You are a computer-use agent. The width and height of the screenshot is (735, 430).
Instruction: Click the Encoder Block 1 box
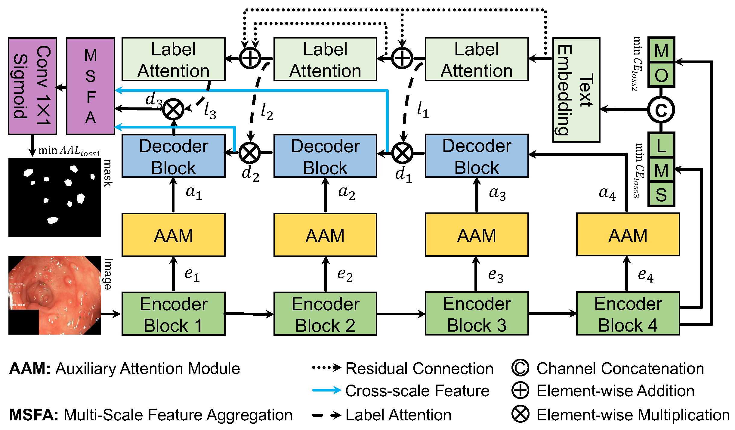coord(173,314)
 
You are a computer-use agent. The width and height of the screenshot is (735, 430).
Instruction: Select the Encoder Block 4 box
coord(628,314)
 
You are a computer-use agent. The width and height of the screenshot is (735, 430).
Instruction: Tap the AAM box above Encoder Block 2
coord(325,235)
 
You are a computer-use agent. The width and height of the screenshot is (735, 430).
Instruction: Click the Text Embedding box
coord(576,90)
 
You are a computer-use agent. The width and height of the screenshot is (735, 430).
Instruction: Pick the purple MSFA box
coord(91,86)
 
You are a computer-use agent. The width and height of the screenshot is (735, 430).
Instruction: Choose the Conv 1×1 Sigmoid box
coord(32,86)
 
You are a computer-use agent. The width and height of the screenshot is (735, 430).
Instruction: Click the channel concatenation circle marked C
coord(661,110)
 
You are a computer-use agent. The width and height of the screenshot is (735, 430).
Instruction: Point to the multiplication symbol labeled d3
coord(173,109)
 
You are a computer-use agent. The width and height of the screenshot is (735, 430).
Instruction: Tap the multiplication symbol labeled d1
coord(402,153)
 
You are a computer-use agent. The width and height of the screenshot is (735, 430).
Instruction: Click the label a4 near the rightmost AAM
coord(607,193)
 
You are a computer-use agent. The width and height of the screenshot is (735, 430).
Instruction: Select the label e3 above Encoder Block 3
coord(495,275)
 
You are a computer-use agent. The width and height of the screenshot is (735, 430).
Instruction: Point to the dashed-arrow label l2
coord(267,112)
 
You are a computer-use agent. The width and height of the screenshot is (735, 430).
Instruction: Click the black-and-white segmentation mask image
coord(55,197)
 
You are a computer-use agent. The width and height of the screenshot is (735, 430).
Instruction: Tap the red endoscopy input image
coord(55,295)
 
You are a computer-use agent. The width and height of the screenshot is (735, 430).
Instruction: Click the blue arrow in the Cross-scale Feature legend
coord(327,391)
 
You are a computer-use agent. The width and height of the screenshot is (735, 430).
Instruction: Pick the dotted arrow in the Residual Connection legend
coord(327,368)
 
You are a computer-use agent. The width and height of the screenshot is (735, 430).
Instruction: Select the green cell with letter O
coord(661,75)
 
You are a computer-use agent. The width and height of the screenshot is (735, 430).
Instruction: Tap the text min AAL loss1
coord(69,150)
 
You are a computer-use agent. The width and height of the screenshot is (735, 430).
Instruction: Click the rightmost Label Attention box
coord(477,59)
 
